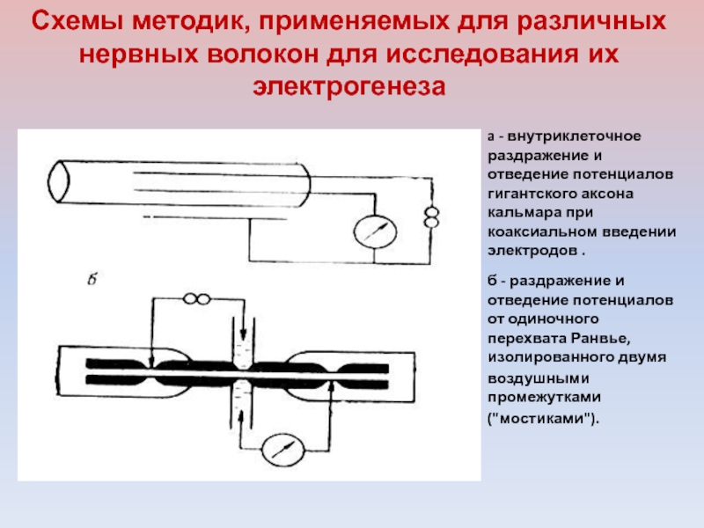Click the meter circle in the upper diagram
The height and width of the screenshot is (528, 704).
coord(370,231)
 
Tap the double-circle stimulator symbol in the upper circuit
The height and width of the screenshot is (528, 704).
coord(431,216)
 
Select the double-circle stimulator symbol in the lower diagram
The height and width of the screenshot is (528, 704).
coord(196,301)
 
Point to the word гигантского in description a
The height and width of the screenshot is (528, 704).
coord(529,194)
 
